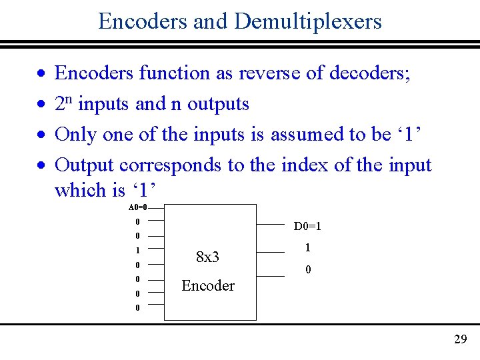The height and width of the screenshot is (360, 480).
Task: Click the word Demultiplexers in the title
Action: (308, 21)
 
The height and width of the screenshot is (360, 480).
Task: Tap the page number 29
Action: (460, 339)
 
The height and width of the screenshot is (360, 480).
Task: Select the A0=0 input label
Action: (137, 207)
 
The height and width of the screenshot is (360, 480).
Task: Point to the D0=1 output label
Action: (307, 227)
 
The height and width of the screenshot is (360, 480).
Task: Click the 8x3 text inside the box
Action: (208, 257)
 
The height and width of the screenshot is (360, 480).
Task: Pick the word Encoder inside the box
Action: (208, 286)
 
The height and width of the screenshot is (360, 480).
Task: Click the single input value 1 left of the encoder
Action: (137, 251)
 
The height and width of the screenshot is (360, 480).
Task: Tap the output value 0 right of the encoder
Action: (307, 269)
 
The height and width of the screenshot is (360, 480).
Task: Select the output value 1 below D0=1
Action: (307, 247)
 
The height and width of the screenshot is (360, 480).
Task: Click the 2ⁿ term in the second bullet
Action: (63, 103)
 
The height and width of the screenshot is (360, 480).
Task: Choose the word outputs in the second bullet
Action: (218, 104)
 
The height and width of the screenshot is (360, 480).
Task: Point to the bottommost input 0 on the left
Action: (137, 308)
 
